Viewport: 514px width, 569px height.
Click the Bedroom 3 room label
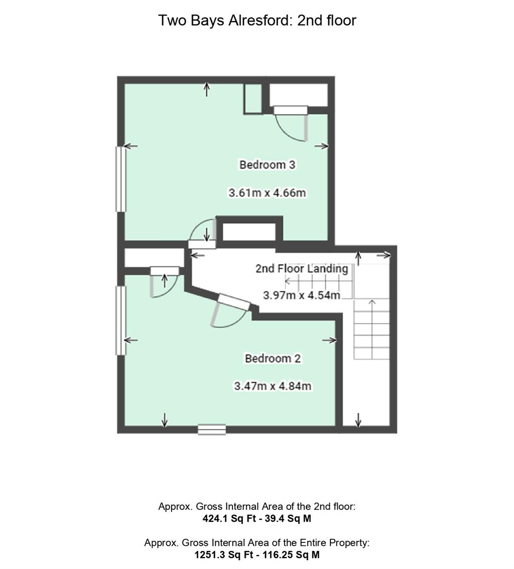(267, 165)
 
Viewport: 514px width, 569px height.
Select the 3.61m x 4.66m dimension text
(267, 193)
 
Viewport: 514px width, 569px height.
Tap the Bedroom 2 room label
(273, 359)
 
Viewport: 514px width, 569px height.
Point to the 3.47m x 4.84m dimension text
(273, 386)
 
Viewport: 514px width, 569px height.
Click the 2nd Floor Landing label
(301, 269)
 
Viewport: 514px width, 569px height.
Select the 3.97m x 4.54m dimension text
(302, 295)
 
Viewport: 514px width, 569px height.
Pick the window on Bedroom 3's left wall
(121, 179)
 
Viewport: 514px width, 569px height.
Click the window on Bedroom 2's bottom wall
(211, 430)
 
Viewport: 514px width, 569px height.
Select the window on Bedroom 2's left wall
(121, 320)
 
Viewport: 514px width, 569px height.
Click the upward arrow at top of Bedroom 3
(207, 90)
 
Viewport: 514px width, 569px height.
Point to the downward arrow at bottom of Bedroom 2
(165, 420)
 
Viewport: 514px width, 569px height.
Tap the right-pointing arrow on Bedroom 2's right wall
(330, 340)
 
